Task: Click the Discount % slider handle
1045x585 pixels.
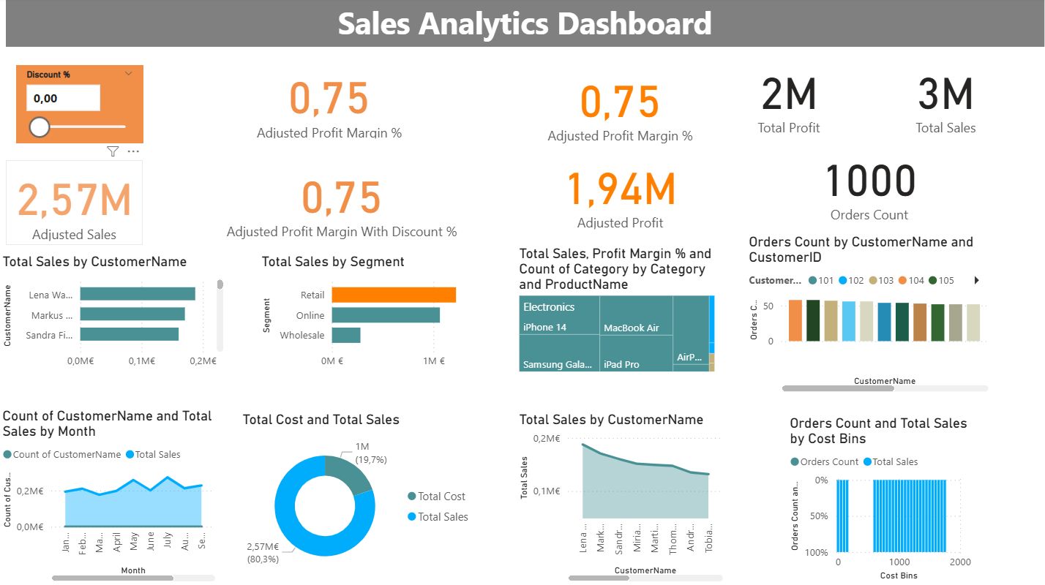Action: coord(39,127)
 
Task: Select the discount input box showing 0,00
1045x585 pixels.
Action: coord(63,98)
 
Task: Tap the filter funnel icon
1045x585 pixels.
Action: coord(112,151)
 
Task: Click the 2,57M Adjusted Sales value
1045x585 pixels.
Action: coord(74,200)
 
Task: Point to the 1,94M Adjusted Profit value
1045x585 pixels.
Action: coord(621,189)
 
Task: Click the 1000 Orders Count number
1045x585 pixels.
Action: coord(870,181)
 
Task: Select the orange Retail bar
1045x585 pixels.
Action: coord(394,295)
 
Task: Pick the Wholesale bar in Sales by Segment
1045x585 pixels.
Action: coord(346,335)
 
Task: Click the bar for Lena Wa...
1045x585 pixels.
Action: coord(138,294)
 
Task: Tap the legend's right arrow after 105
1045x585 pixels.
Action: coord(976,280)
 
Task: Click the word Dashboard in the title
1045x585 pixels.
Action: coord(634,23)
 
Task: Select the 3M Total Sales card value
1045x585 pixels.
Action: coord(945,95)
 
